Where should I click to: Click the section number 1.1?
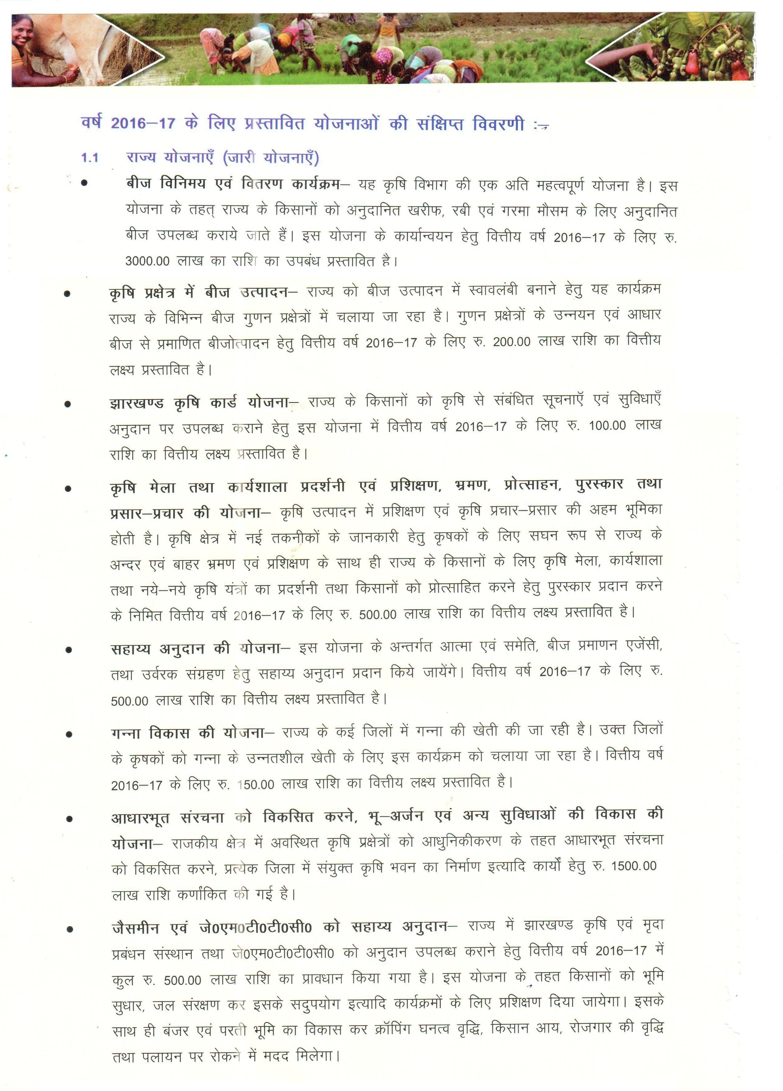pos(90,158)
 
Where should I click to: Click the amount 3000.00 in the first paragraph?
pos(147,261)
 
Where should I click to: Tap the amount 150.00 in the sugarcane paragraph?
pos(255,785)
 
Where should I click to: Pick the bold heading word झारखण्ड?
pos(137,403)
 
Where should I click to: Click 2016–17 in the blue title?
pos(143,123)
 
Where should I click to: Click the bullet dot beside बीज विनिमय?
pos(85,183)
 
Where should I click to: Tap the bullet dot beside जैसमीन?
pos(70,929)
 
